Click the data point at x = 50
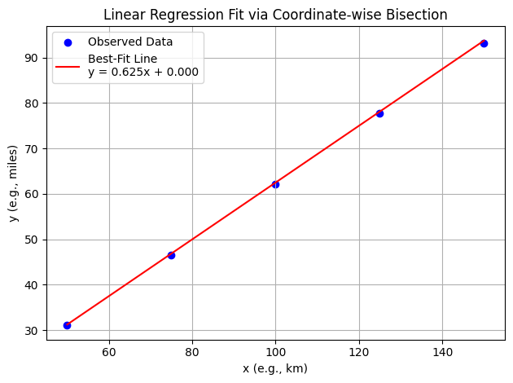(67, 325)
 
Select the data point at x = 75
(171, 255)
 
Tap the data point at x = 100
(275, 184)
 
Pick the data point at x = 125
(379, 113)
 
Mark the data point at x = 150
(484, 43)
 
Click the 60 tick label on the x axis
(108, 353)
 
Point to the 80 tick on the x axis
(192, 353)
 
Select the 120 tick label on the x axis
(358, 353)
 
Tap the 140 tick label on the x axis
(442, 353)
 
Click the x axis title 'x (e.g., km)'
(275, 368)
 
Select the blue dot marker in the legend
(69, 42)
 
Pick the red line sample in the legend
(69, 65)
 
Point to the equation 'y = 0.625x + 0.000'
(143, 72)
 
